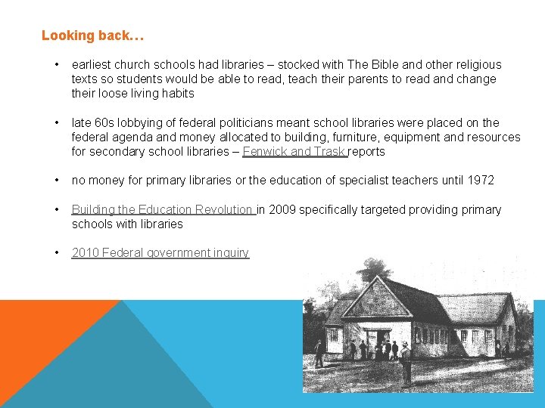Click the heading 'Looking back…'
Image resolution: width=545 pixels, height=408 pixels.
point(92,36)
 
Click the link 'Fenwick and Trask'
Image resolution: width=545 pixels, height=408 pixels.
point(294,151)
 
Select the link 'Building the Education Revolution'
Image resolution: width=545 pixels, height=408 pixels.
point(162,209)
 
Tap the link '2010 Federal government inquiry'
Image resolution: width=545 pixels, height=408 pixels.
point(160,253)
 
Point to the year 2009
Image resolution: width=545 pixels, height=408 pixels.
point(282,209)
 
